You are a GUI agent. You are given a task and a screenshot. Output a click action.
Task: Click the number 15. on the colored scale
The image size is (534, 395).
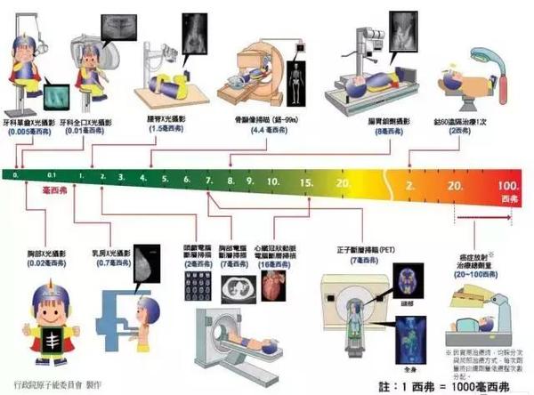pos(305,182)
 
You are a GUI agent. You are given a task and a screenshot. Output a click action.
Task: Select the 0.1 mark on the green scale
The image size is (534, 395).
pos(53,176)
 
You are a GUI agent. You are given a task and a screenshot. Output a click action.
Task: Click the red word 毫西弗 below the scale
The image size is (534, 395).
pos(59,191)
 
